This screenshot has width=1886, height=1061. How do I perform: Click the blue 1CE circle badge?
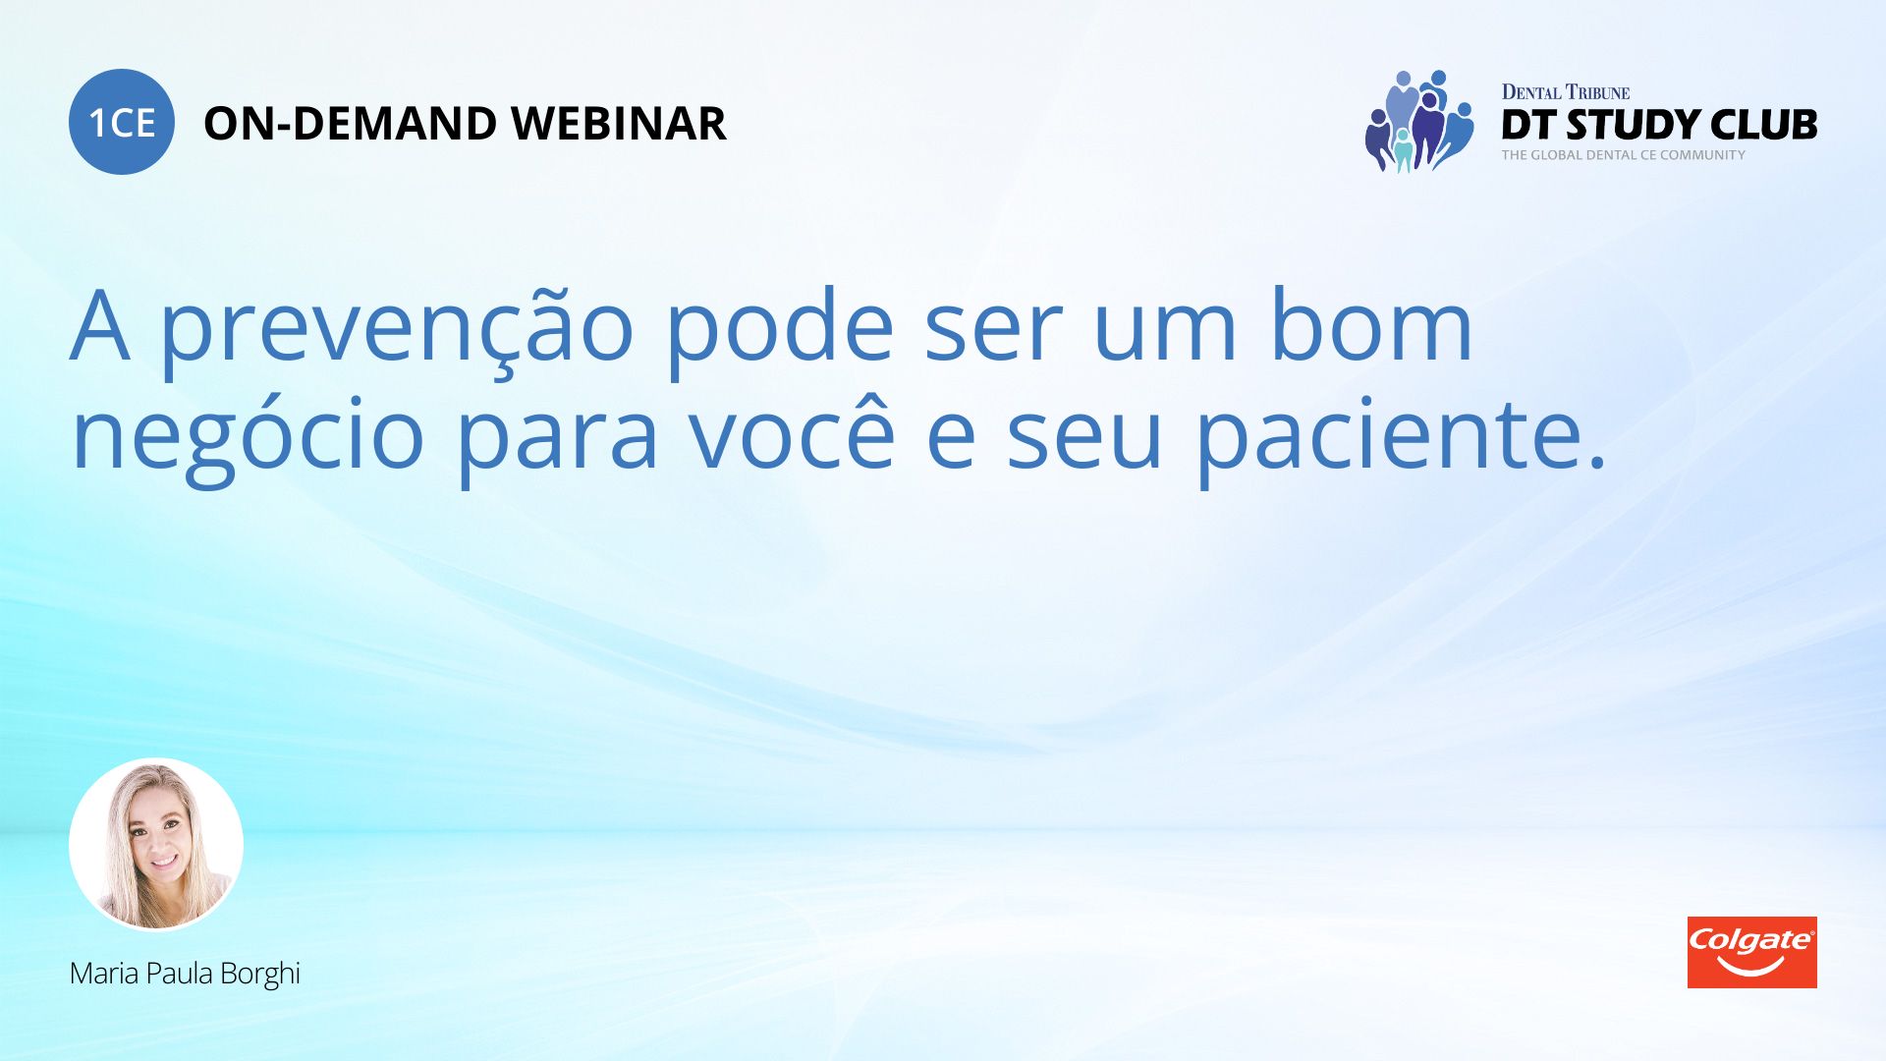point(122,122)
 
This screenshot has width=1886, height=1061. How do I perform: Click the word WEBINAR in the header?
point(619,124)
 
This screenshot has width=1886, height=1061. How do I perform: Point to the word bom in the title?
point(1371,325)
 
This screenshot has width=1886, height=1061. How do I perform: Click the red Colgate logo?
point(1751,952)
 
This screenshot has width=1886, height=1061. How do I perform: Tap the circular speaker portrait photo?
point(156,844)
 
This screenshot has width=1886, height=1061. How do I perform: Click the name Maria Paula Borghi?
point(185,975)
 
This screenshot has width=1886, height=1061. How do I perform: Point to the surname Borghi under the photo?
point(260,975)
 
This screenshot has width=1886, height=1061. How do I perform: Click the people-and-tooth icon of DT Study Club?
point(1419,122)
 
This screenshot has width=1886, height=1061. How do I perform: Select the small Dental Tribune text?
point(1566,92)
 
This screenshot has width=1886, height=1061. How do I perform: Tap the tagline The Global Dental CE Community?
point(1623,155)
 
